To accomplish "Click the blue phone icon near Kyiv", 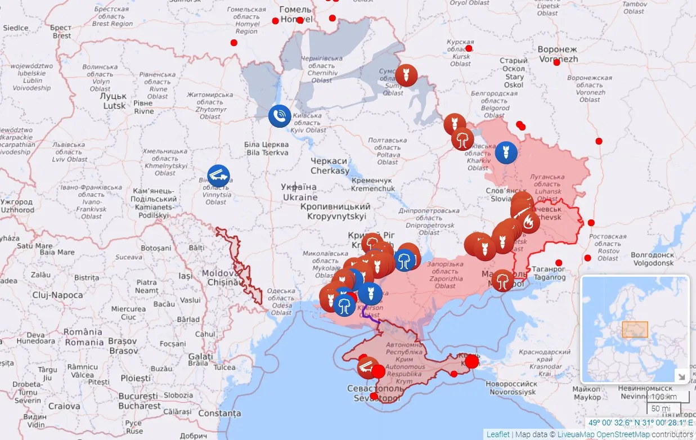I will point(279,116).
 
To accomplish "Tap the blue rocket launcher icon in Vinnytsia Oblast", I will point(218,176).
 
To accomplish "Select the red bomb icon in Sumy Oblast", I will point(406,75).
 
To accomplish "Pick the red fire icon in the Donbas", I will point(528,223).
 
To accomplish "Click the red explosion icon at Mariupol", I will point(502,280).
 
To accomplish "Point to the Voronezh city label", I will point(558,54).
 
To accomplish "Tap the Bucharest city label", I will point(139,401).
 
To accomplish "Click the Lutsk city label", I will point(114,101).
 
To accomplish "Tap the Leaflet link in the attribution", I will point(498,434).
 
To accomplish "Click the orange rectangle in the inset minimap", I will point(635,329).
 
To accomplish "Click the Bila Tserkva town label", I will point(267,149).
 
